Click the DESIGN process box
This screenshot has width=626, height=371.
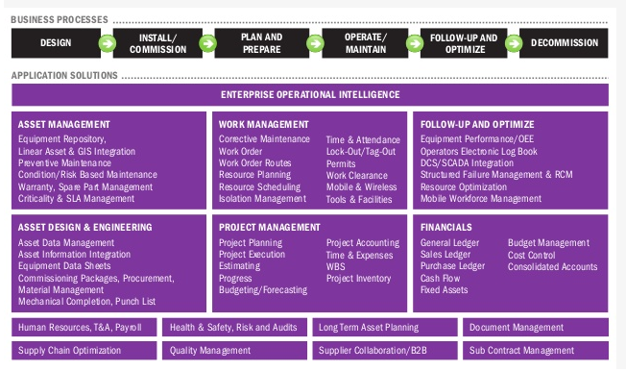56,43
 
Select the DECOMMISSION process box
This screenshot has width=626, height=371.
564,43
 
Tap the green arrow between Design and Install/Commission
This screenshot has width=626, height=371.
107,43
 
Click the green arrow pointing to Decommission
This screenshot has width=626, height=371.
514,43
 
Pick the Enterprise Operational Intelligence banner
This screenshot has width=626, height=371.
310,95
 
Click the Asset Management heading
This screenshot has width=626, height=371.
64,125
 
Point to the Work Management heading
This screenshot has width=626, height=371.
263,125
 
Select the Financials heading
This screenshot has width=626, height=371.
445,228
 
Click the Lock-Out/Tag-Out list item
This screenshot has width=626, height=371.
361,152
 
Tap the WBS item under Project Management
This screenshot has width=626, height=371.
335,266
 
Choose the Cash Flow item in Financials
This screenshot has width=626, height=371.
440,279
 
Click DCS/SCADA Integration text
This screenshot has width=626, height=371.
467,163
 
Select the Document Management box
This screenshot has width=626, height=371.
536,328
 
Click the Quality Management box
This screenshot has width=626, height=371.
234,351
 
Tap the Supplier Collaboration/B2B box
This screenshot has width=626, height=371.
385,351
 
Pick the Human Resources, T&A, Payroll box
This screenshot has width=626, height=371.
84,328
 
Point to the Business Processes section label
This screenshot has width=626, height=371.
60,19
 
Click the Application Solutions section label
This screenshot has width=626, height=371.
64,76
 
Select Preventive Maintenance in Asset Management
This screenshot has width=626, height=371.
64,163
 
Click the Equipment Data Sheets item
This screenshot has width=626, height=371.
64,266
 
